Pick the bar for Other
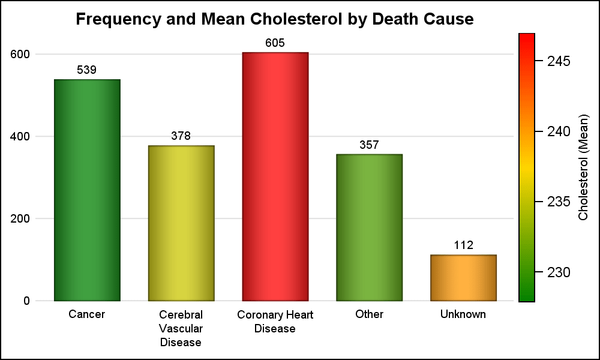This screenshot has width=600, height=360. coord(369,227)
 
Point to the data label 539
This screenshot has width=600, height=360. coord(87,70)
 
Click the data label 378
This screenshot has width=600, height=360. coord(181,136)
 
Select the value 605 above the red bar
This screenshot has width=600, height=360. coord(275,43)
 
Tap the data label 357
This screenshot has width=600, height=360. coord(369,145)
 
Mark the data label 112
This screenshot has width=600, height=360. coord(463,245)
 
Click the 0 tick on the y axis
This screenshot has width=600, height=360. coord(26,301)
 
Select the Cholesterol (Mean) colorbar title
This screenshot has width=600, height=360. coord(583,167)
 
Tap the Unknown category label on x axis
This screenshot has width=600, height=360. coord(463,314)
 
